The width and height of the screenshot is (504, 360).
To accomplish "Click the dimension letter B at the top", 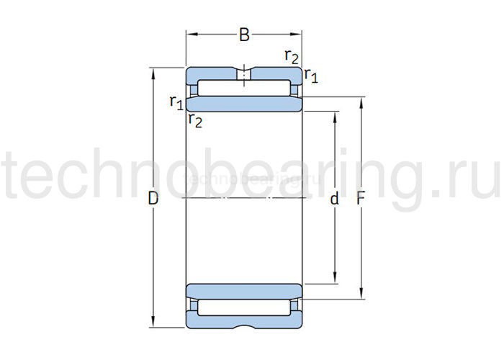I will tap(244, 34).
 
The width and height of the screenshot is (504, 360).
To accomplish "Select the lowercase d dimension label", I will tap(334, 199).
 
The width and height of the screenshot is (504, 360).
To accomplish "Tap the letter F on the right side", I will tap(361, 199).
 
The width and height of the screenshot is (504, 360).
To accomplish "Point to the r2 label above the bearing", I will tap(292, 56).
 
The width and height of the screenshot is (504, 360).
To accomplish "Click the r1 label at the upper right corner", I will tap(311, 74).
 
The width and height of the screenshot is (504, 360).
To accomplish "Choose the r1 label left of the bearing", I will tap(176, 102).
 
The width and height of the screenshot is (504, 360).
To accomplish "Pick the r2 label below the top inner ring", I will tap(195, 120).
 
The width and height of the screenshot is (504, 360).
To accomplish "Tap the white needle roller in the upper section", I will tap(244, 90).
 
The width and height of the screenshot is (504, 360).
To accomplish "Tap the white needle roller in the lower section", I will tap(244, 306).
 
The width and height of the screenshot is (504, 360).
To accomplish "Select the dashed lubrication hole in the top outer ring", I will tap(244, 73).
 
